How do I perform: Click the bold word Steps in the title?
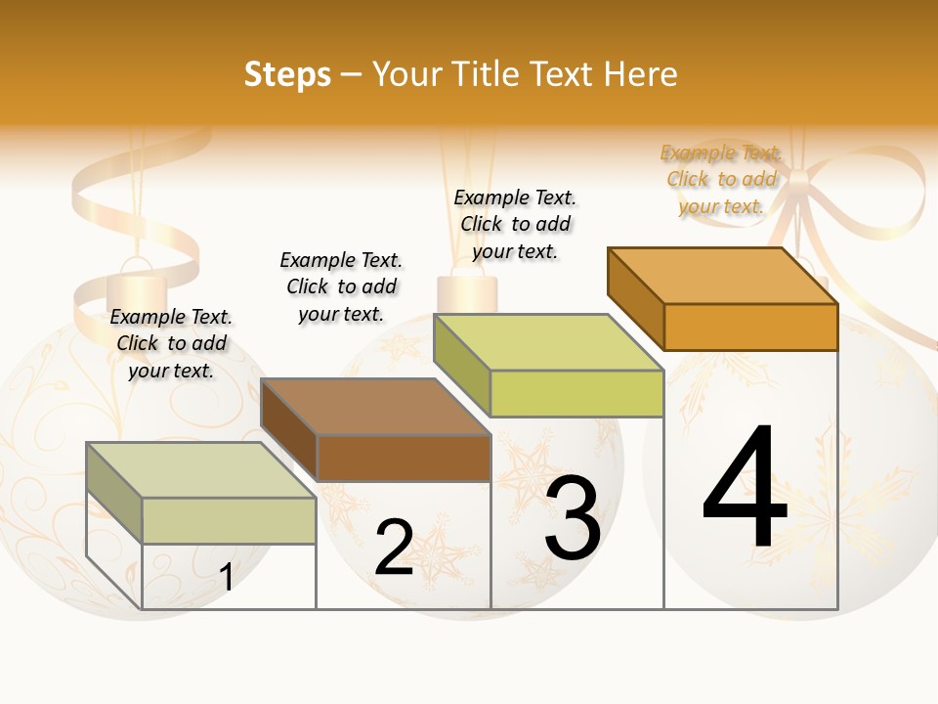tap(287, 74)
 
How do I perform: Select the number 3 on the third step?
tap(573, 518)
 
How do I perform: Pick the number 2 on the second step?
tap(394, 548)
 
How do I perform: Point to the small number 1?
tap(227, 578)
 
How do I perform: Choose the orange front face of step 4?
tap(750, 327)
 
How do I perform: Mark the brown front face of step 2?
tap(404, 458)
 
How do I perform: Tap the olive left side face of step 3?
tap(462, 365)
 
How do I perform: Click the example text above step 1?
tap(171, 343)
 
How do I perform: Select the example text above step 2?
tap(341, 286)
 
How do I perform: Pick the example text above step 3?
tap(515, 224)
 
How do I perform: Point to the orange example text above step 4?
tap(721, 179)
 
